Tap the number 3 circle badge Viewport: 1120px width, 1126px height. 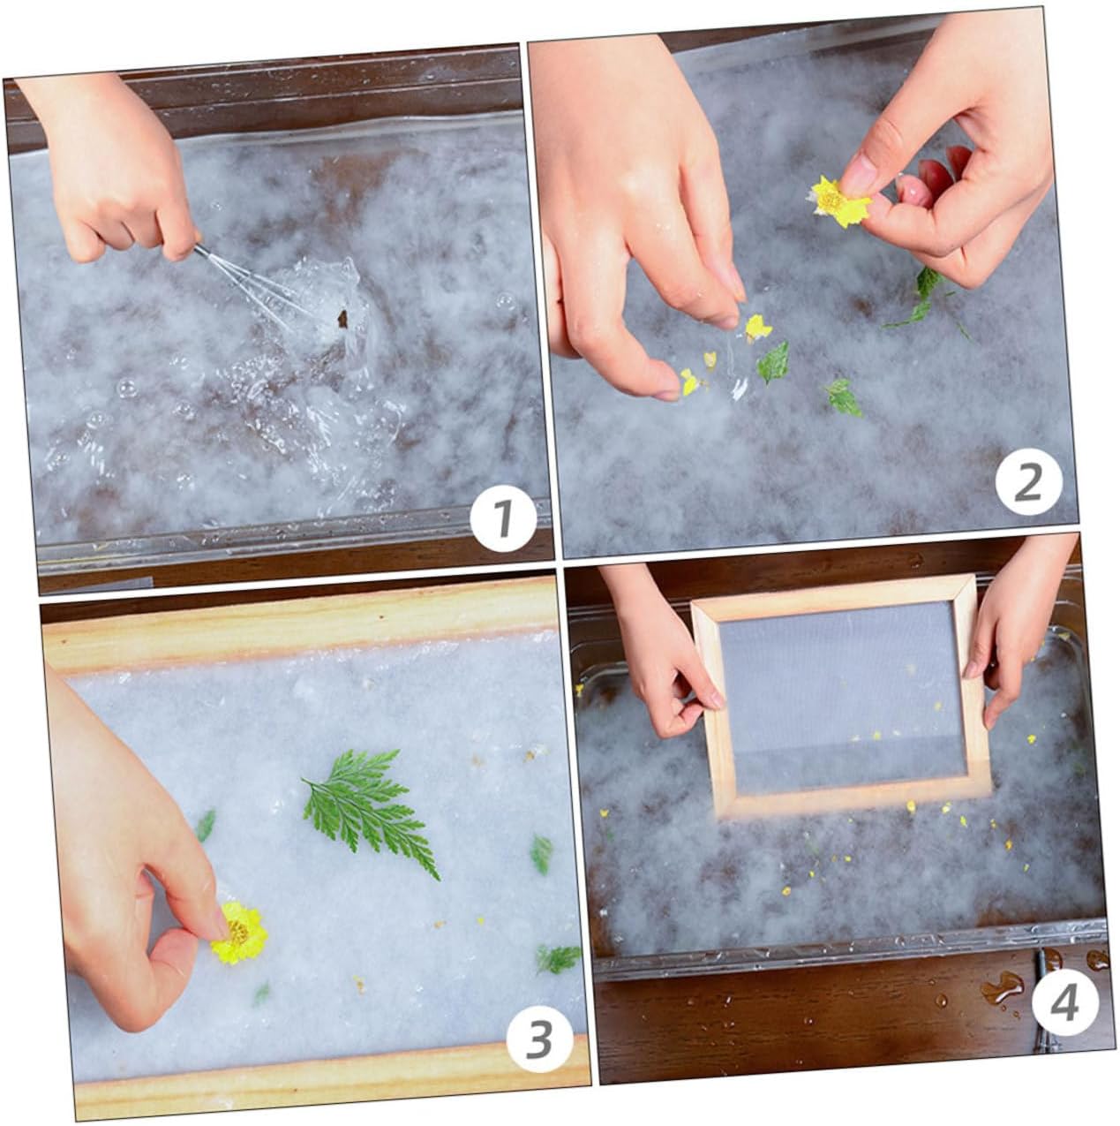click(539, 1040)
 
